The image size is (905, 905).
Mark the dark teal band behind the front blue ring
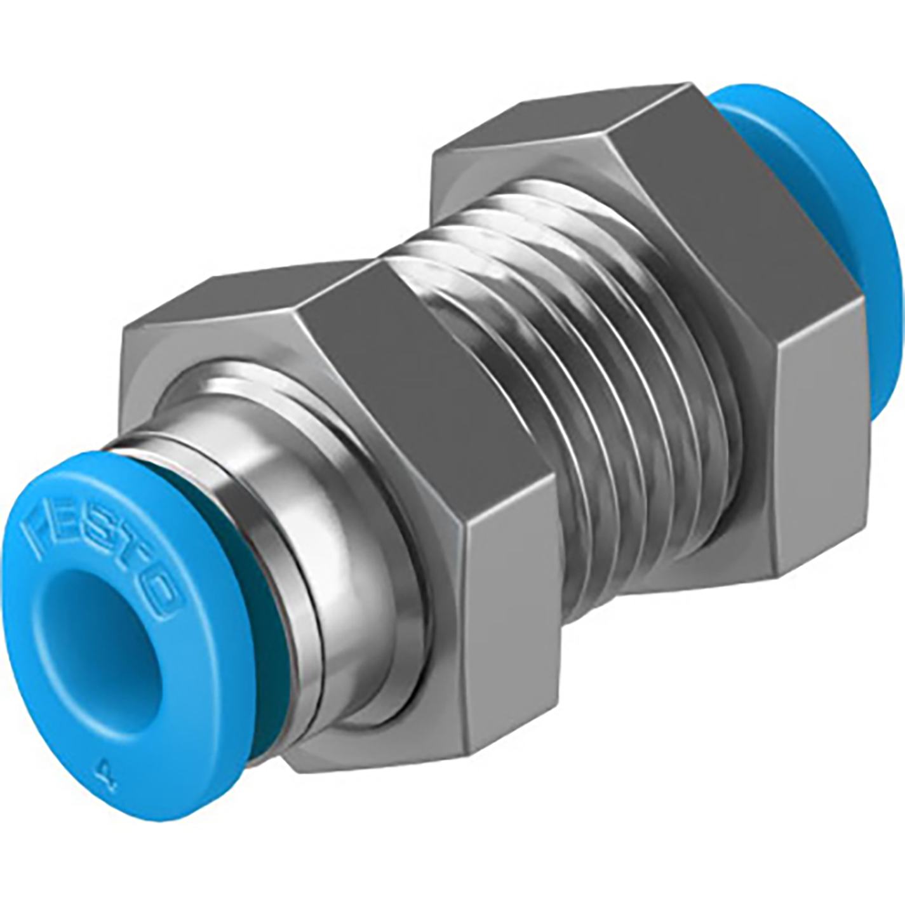270,641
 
